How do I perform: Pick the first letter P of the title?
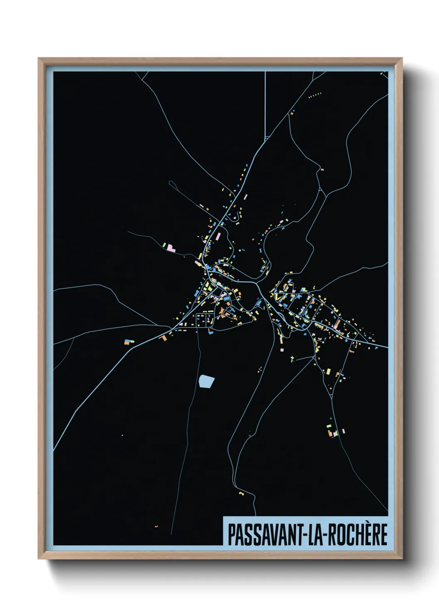pos(231,535)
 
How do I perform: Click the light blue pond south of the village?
pos(206,381)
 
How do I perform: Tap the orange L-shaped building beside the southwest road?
pos(163,338)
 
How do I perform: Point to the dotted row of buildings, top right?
pos(315,95)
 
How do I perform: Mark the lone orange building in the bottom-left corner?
pos(156,526)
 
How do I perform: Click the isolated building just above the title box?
pos(241,493)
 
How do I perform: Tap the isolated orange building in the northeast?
pos(322,169)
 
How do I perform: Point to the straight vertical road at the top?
pos(265,104)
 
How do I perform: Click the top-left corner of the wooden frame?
pos(39,59)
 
